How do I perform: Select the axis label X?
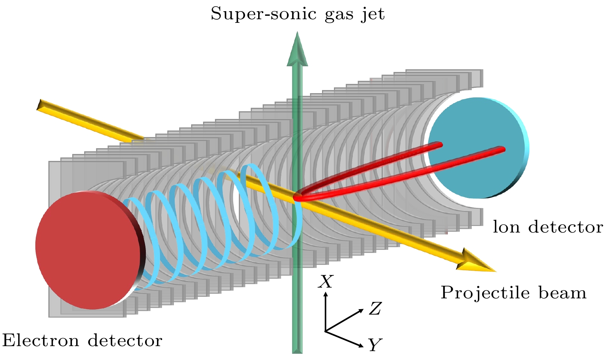[326, 282]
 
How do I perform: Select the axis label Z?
[375, 308]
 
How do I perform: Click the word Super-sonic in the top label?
[259, 15]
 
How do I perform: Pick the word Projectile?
[486, 293]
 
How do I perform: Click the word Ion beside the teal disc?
[507, 227]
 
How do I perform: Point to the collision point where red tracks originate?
[297, 198]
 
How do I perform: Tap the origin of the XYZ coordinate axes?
[326, 331]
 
